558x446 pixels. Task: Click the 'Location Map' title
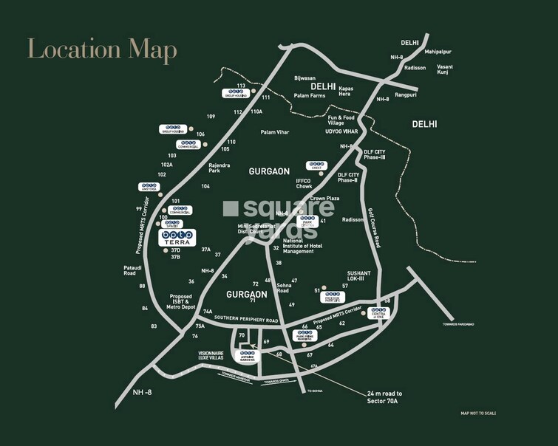[102, 49]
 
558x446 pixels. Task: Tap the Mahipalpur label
[441, 52]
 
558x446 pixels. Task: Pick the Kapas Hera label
[346, 92]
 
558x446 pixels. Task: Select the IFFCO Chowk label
[304, 183]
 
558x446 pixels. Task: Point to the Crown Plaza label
[324, 199]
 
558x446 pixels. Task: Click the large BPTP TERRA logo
[177, 237]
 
